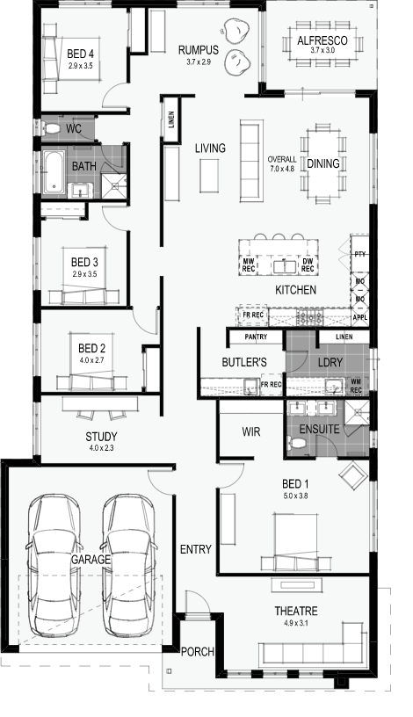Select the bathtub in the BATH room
pyautogui.click(x=54, y=172)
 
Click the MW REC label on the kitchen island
pyautogui.click(x=249, y=265)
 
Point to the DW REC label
pyautogui.click(x=308, y=265)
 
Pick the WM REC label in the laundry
pyautogui.click(x=356, y=386)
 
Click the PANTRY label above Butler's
pyautogui.click(x=256, y=337)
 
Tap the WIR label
pyautogui.click(x=251, y=431)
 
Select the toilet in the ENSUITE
pyautogui.click(x=297, y=442)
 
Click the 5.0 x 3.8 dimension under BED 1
pyautogui.click(x=295, y=496)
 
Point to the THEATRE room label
pyautogui.click(x=296, y=611)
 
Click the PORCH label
pyautogui.click(x=198, y=652)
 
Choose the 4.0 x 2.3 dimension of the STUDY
pyautogui.click(x=102, y=447)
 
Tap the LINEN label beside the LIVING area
pyautogui.click(x=171, y=119)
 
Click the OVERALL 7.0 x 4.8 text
pyautogui.click(x=282, y=163)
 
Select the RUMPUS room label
pyautogui.click(x=199, y=50)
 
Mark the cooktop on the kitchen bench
pyautogui.click(x=310, y=316)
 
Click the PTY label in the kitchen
pyautogui.click(x=360, y=254)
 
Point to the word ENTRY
pyautogui.click(x=196, y=549)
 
